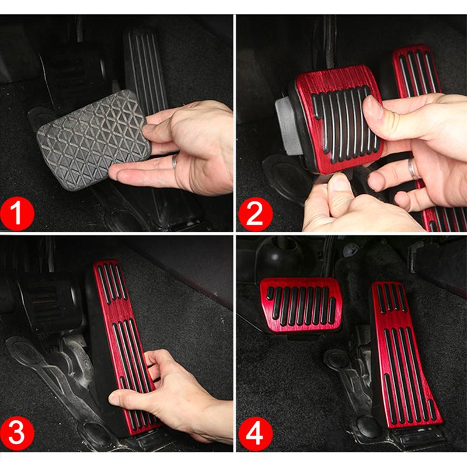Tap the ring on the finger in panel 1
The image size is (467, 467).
tap(175, 162)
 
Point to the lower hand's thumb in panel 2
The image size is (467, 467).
tap(339, 187)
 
